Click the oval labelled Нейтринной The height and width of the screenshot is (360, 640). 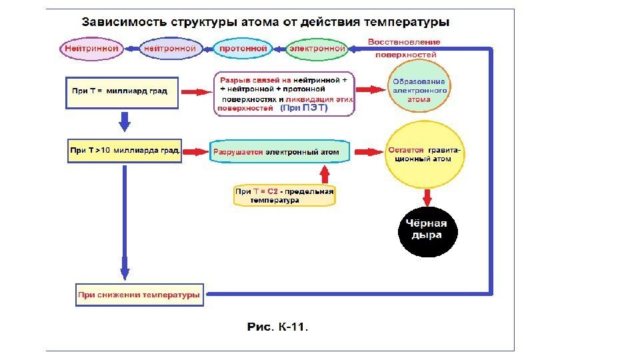tap(92, 49)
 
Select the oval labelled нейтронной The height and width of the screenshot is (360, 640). tap(170, 49)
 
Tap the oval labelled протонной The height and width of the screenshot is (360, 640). tap(243, 49)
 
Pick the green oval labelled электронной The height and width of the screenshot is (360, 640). tap(317, 49)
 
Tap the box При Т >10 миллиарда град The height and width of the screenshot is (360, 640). tap(125, 151)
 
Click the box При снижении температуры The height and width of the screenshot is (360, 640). tap(139, 295)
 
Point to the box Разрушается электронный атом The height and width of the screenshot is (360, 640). tap(279, 152)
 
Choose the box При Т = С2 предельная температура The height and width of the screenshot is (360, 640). tap(284, 195)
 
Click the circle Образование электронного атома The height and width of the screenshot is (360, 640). tap(419, 91)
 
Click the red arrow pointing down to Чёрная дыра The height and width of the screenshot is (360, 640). tap(427, 197)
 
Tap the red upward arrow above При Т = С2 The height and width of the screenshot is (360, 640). tap(325, 174)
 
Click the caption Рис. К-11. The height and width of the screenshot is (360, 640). tap(278, 327)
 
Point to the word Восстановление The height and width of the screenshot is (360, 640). tap(404, 42)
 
